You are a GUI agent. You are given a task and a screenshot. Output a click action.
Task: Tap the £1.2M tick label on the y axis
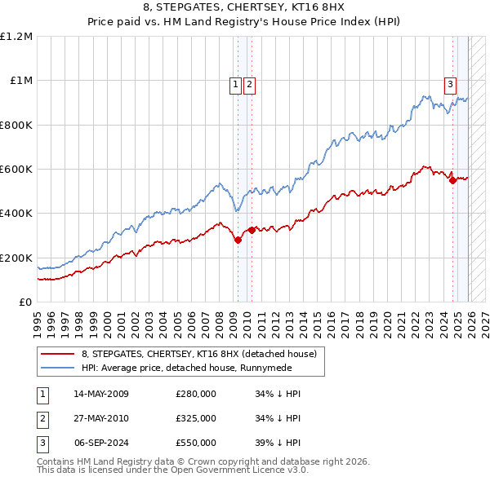pyautogui.click(x=16, y=37)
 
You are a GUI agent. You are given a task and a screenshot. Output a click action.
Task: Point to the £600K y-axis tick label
pyautogui.click(x=16, y=170)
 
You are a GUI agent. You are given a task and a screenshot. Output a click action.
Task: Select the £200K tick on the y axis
pyautogui.click(x=16, y=258)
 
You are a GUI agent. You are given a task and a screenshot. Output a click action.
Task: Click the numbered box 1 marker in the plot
pyautogui.click(x=235, y=83)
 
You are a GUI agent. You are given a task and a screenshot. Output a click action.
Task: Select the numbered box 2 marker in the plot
pyautogui.click(x=248, y=83)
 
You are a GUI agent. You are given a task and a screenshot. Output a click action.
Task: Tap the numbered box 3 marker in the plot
pyautogui.click(x=450, y=83)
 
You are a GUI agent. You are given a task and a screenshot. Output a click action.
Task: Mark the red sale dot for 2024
pyautogui.click(x=452, y=180)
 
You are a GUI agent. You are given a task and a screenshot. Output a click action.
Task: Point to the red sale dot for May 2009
pyautogui.click(x=238, y=240)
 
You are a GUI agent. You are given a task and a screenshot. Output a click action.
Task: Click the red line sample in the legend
pyautogui.click(x=59, y=354)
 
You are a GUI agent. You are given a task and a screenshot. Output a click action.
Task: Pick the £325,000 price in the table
pyautogui.click(x=196, y=418)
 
